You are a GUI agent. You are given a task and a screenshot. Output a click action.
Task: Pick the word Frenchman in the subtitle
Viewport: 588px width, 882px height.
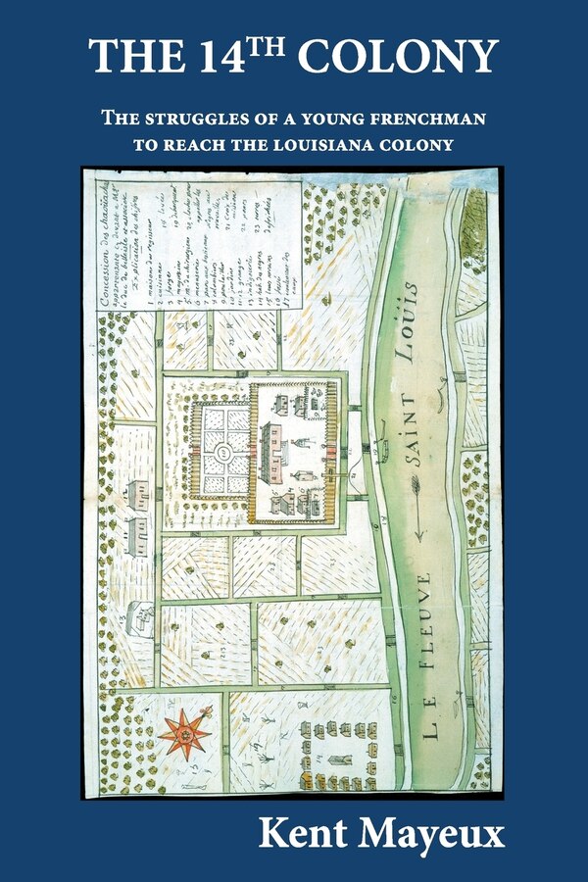[422, 120]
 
